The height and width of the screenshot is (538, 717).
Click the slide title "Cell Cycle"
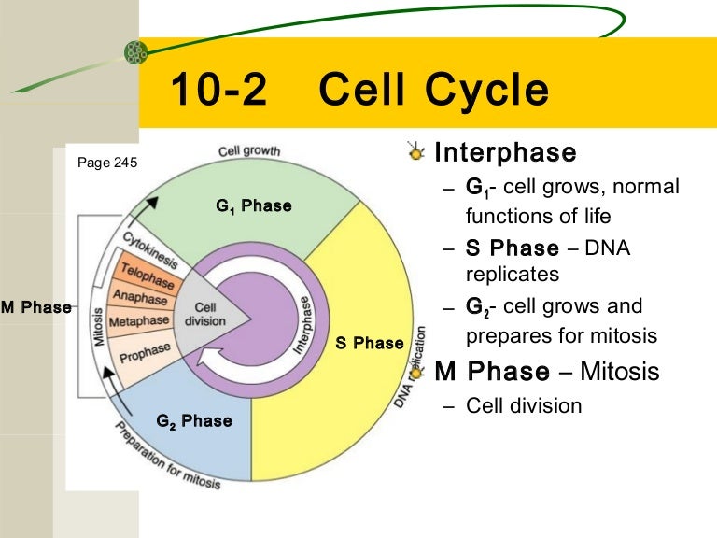pos(433,92)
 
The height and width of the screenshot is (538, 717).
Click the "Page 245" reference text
pos(107,163)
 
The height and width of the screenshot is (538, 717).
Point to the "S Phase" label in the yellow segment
pos(370,343)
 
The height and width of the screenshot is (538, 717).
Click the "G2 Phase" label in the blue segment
pos(194,421)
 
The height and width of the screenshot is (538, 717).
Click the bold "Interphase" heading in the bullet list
pos(505,152)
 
